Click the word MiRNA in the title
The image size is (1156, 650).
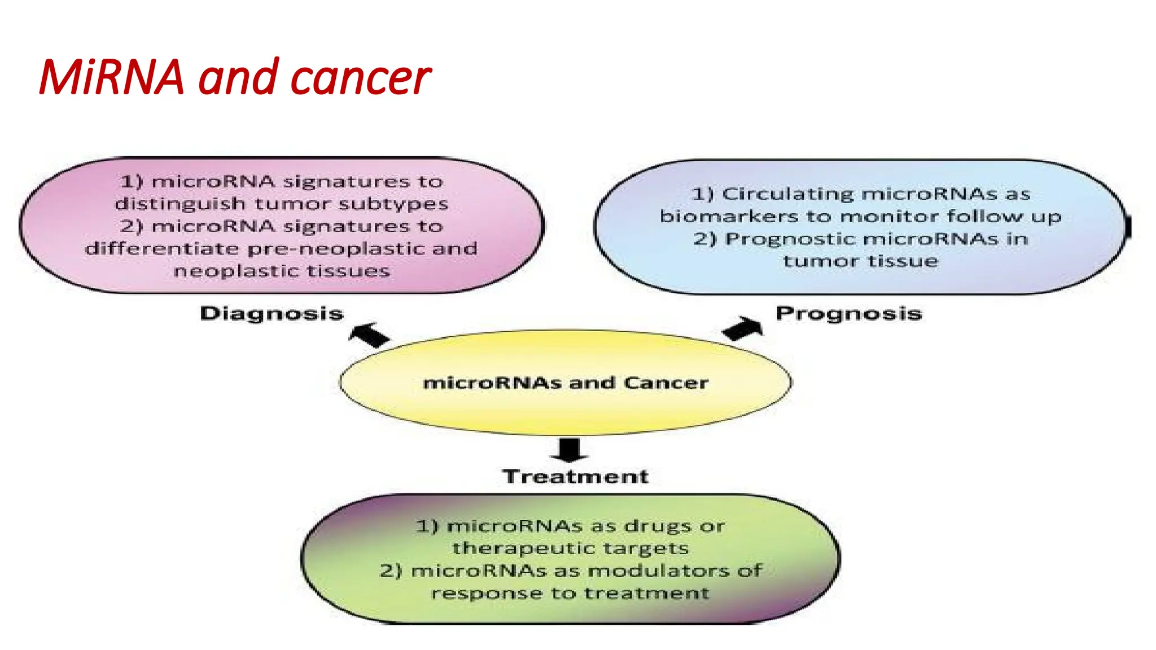[112, 77]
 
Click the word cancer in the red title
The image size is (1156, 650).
[360, 78]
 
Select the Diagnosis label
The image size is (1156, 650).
[272, 313]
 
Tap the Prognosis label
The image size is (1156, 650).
[848, 313]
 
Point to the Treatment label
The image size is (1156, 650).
[575, 476]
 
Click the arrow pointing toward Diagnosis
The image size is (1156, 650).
[369, 334]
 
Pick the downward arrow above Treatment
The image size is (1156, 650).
[569, 450]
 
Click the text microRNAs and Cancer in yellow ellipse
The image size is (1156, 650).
[565, 383]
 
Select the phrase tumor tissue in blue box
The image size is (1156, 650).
[860, 261]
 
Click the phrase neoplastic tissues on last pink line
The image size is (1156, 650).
[282, 271]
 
